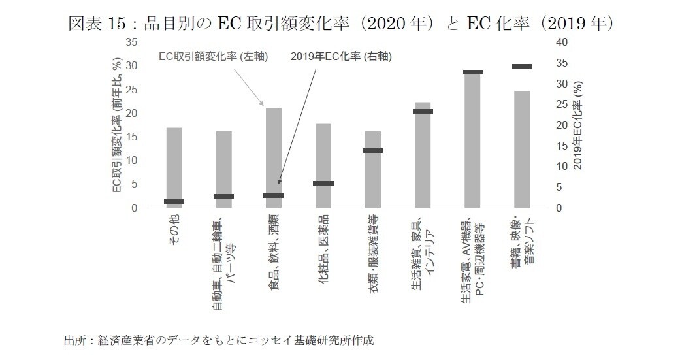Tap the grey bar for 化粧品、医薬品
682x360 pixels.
click(x=323, y=166)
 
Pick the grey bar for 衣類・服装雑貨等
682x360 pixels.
click(x=373, y=170)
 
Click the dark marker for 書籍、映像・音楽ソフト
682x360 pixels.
click(x=522, y=66)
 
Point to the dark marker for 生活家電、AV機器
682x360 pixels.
click(x=472, y=72)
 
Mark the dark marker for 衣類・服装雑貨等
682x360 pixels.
click(x=373, y=150)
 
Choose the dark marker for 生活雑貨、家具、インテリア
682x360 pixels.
click(x=423, y=111)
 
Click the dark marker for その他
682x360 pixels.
click(x=174, y=201)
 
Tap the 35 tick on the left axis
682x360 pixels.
click(x=132, y=42)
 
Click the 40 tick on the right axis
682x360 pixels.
click(x=560, y=42)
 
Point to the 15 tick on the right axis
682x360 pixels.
click(x=560, y=146)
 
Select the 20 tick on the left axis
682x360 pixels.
click(x=132, y=113)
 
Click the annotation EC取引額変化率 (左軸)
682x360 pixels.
click(x=214, y=57)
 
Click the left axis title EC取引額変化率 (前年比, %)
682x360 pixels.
click(x=117, y=125)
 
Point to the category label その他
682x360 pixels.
click(x=174, y=230)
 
